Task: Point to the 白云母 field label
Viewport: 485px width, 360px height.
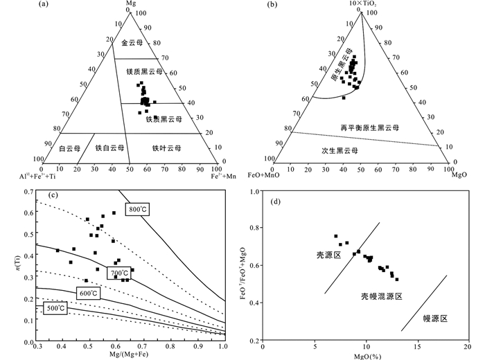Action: pos(70,147)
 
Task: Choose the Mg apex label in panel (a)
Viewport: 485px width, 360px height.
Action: pos(130,4)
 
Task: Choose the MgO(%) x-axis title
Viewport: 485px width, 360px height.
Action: pos(365,354)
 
